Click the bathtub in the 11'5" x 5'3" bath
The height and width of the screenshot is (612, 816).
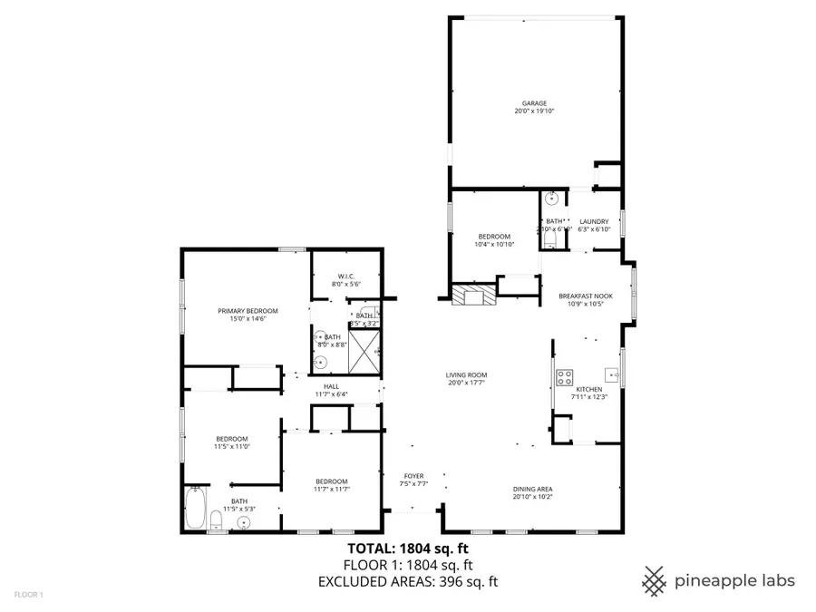point(195,509)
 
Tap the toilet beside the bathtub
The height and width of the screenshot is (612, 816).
point(216,520)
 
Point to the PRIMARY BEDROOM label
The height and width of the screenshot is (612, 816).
point(248,311)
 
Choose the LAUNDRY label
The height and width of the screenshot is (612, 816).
point(595,221)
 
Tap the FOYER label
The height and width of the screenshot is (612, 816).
point(413,476)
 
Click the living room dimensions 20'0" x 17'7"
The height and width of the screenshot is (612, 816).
point(466,383)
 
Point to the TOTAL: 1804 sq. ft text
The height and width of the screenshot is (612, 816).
point(408,548)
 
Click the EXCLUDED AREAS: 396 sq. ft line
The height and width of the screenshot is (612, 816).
point(408,582)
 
